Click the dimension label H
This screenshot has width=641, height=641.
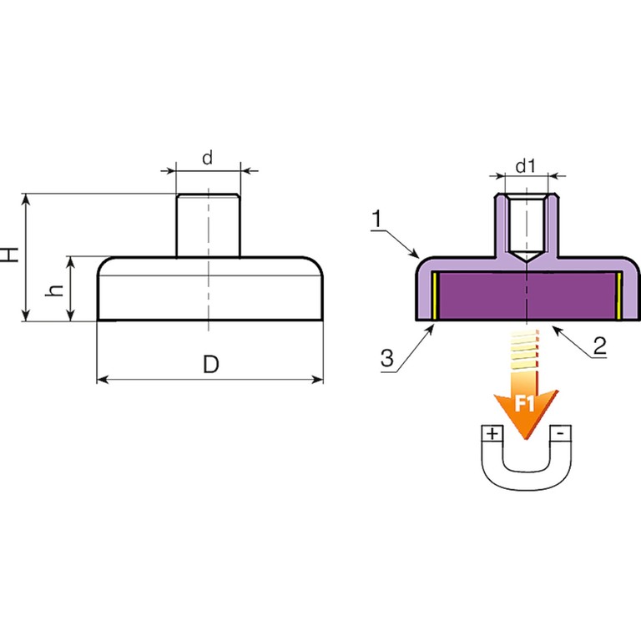[11, 255]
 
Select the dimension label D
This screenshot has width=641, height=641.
[210, 365]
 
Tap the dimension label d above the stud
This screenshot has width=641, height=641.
[208, 157]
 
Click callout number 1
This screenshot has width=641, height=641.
[377, 219]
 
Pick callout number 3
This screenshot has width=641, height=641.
[386, 360]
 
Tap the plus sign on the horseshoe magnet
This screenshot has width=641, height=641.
[492, 433]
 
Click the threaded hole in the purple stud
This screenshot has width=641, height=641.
[526, 225]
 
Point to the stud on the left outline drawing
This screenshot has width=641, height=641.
[208, 224]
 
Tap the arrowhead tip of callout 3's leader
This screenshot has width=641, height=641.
[435, 325]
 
